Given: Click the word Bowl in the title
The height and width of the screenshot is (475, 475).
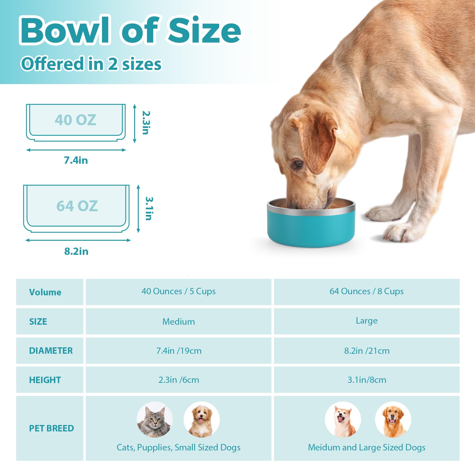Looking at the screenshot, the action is point(65,30).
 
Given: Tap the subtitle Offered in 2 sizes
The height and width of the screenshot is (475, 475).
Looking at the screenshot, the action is point(91,63).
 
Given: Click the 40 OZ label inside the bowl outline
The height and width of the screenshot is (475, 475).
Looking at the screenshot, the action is point(75,120).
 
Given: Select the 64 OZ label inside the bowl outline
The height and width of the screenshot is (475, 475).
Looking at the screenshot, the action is point(77,206).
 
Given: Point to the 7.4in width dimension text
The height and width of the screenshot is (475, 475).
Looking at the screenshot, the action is point(76,160).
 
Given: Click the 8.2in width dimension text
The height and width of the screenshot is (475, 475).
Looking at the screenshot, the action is point(76,251).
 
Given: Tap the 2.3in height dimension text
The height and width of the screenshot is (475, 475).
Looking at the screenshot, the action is point(146,123).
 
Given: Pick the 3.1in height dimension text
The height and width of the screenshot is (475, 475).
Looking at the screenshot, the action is point(149,208).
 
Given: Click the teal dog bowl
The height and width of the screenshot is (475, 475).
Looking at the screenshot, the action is point(311,224).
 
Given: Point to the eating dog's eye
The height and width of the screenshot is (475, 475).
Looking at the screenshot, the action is point(298,163).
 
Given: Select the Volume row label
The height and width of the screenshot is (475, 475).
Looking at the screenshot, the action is point(45,292).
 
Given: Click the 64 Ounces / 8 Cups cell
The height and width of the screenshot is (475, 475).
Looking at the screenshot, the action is point(367,291).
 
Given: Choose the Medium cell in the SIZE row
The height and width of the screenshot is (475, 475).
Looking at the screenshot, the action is point(179,322).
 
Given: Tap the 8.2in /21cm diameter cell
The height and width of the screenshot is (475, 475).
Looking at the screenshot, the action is point(367,351).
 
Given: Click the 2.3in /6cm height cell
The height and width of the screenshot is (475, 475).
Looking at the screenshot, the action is point(179,380).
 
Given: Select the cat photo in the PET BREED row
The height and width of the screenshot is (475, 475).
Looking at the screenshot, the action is point(155,419).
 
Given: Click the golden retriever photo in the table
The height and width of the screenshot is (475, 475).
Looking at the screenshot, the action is point(393,419).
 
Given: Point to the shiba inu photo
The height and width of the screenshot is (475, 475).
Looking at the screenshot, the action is point(343,419).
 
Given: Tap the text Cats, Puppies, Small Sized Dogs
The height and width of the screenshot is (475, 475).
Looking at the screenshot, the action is point(179,448).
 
